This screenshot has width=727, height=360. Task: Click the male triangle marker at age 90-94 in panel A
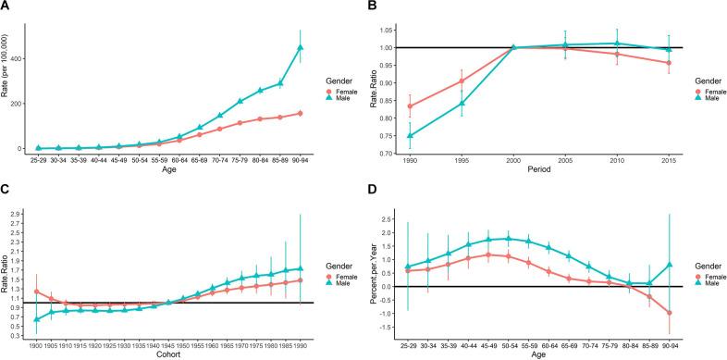point(300,47)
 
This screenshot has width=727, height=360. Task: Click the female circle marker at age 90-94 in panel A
point(300,114)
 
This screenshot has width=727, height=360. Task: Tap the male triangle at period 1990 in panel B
point(411,135)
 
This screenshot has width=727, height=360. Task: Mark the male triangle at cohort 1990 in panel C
point(300,269)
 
